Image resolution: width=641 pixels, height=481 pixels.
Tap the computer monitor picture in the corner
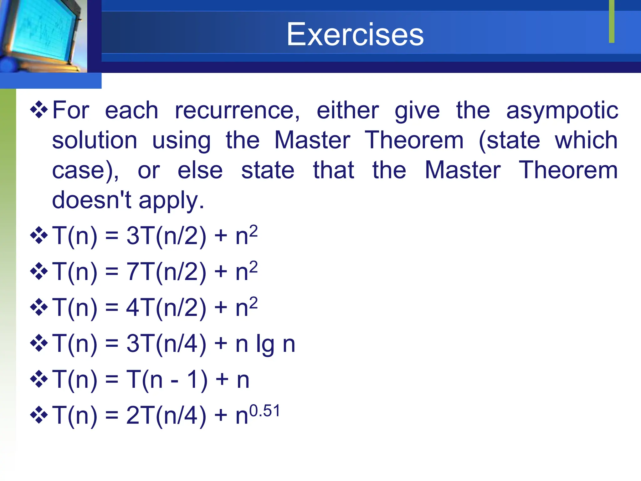pos(41,34)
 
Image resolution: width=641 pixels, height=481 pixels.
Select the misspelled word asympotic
pos(562,111)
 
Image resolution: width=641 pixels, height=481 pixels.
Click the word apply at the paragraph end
pos(171,201)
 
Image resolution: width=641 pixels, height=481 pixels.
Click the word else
pos(200,170)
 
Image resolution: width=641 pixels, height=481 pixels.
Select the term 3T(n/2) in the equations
pos(166,236)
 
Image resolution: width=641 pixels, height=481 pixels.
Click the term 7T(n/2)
pos(166,272)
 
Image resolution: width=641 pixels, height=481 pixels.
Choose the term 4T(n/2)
pos(166,308)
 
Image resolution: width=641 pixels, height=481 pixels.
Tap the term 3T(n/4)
pos(166,344)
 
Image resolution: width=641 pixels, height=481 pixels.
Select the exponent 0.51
pos(264,411)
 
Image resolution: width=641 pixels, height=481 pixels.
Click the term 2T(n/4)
pos(166,416)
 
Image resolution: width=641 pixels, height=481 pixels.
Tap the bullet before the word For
pos(39,110)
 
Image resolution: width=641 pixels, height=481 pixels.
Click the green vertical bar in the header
pos(612,21)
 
